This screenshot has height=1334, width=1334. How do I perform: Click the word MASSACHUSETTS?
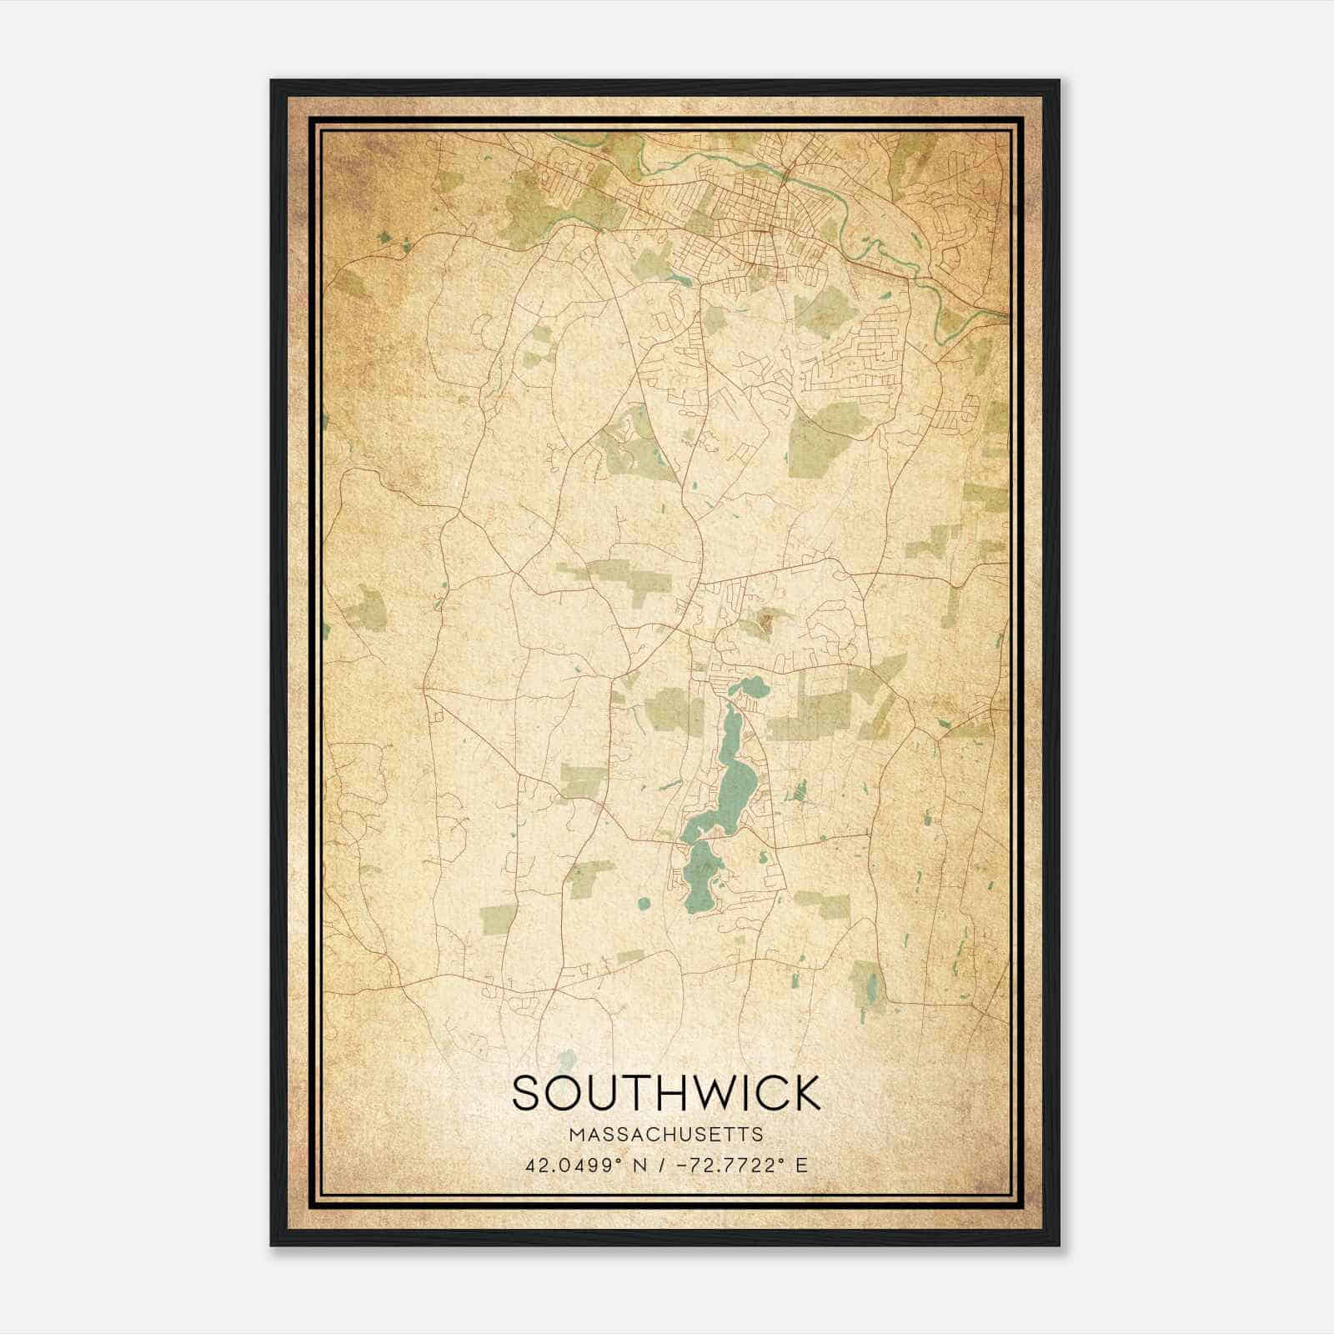pyautogui.click(x=666, y=1134)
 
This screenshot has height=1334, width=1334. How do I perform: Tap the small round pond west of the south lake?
pyautogui.click(x=643, y=903)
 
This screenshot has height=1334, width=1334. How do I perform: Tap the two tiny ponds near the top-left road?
pyautogui.click(x=394, y=242)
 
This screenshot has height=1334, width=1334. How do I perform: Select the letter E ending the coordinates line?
pyautogui.click(x=801, y=1165)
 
